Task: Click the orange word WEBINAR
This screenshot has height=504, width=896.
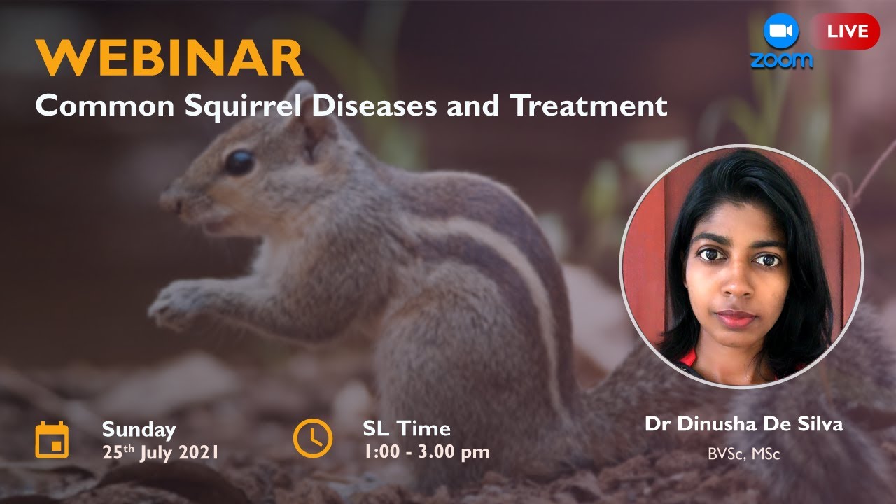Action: [x=170, y=58]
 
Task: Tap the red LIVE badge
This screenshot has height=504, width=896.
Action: [x=847, y=31]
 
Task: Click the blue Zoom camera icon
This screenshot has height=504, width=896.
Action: [x=781, y=31]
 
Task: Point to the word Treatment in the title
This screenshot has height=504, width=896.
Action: [x=589, y=105]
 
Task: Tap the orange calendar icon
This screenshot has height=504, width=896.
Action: [x=52, y=440]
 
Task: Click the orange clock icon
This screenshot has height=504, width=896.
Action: [x=312, y=439]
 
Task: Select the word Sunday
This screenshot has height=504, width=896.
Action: [x=139, y=428]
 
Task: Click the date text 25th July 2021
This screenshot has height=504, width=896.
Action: [x=160, y=451]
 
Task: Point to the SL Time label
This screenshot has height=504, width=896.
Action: [x=407, y=428]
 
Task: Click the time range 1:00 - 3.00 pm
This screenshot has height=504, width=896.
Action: [x=426, y=451]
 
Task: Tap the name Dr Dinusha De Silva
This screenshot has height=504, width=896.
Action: [x=743, y=424]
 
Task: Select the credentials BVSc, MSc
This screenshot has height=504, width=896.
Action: [x=743, y=454]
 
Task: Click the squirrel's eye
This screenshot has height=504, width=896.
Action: [x=239, y=162]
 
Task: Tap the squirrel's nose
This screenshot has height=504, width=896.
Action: [x=167, y=201]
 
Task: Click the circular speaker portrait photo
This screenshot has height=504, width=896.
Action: [x=741, y=266]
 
